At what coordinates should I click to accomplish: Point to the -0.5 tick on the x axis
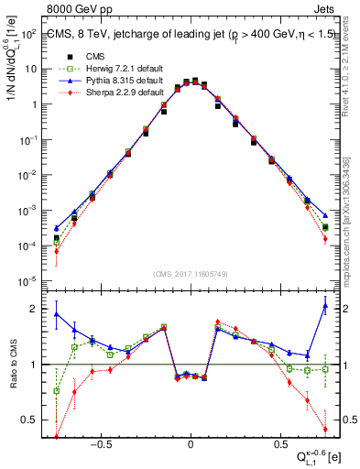point(102,441)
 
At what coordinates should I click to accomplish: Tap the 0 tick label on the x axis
point(190,441)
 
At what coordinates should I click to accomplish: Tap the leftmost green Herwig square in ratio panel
point(56,391)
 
